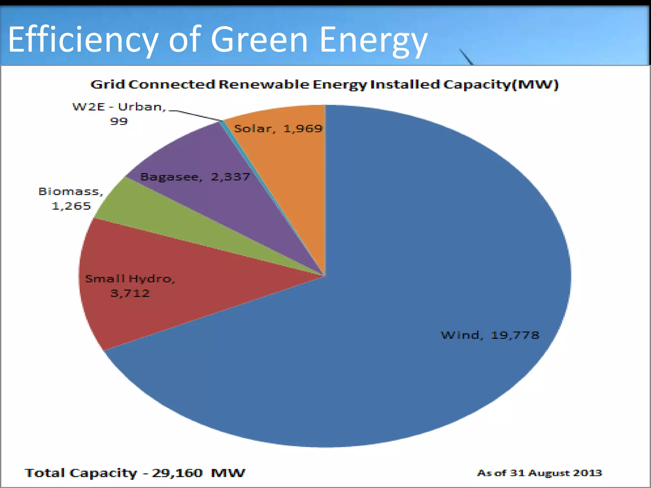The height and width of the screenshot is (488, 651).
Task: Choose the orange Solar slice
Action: click(286, 159)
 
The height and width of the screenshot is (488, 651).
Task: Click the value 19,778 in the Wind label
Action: click(515, 335)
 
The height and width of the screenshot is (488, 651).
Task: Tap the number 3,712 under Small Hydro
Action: click(130, 293)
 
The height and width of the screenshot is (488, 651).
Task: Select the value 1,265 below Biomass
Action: click(71, 206)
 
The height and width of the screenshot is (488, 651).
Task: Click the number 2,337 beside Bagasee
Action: click(231, 177)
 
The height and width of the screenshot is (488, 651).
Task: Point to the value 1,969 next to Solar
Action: click(303, 128)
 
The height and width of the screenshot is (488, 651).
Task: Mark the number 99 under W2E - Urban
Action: click(119, 121)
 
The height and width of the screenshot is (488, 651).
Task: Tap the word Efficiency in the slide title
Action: click(83, 40)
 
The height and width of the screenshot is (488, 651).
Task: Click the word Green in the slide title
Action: click(259, 40)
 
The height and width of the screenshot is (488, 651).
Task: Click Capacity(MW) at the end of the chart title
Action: click(501, 85)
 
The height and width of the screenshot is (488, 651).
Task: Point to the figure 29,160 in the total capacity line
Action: click(177, 473)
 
